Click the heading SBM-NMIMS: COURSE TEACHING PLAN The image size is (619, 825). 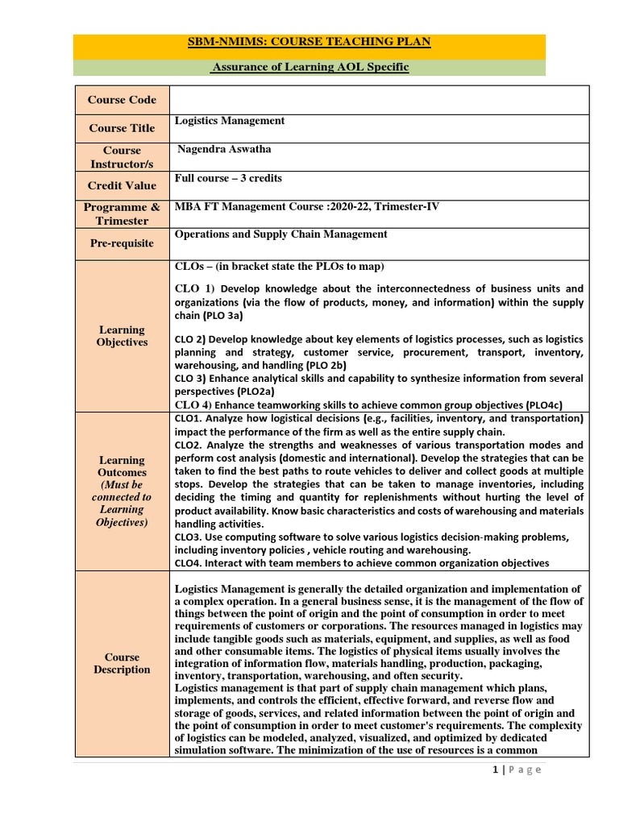(309, 42)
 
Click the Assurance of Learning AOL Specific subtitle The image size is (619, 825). (309, 68)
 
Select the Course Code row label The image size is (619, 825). (123, 100)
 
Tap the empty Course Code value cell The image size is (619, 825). (379, 100)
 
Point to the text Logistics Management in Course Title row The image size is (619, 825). (230, 121)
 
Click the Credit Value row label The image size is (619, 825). (123, 185)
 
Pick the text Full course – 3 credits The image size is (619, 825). (228, 178)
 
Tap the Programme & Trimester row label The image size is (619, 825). (123, 214)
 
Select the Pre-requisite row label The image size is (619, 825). (123, 243)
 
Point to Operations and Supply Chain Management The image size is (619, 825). (280, 234)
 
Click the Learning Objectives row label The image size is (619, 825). (123, 336)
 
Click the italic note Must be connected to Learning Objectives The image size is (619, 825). (123, 504)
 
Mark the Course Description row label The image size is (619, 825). (123, 663)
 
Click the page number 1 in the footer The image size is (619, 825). (494, 769)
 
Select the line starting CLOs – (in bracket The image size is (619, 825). (279, 267)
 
